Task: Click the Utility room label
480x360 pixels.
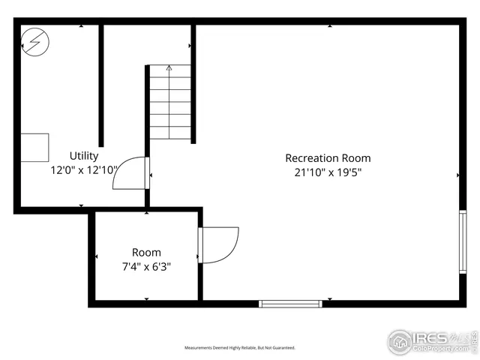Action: click(x=84, y=156)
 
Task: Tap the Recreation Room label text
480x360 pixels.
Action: click(x=328, y=158)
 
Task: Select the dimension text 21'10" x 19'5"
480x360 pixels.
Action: click(x=328, y=172)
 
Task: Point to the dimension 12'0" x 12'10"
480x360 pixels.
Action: click(x=84, y=170)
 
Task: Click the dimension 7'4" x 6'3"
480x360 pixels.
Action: click(x=146, y=265)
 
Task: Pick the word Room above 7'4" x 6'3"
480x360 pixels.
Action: click(x=146, y=253)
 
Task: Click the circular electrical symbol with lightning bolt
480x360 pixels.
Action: click(x=34, y=42)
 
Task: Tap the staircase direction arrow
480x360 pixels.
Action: click(x=169, y=70)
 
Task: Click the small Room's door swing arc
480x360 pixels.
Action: click(x=220, y=245)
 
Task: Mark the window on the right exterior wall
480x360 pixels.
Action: click(x=463, y=242)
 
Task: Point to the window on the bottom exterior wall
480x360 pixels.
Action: click(x=290, y=304)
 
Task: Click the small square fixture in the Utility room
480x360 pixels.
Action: click(x=34, y=147)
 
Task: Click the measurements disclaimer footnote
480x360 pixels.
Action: click(x=240, y=348)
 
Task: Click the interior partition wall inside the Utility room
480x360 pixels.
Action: click(x=101, y=86)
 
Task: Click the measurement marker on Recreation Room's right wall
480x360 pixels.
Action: click(x=457, y=175)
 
